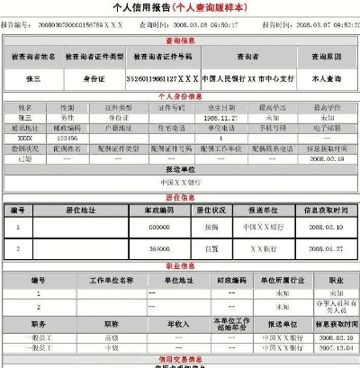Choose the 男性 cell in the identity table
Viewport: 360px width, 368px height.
(x=67, y=117)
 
